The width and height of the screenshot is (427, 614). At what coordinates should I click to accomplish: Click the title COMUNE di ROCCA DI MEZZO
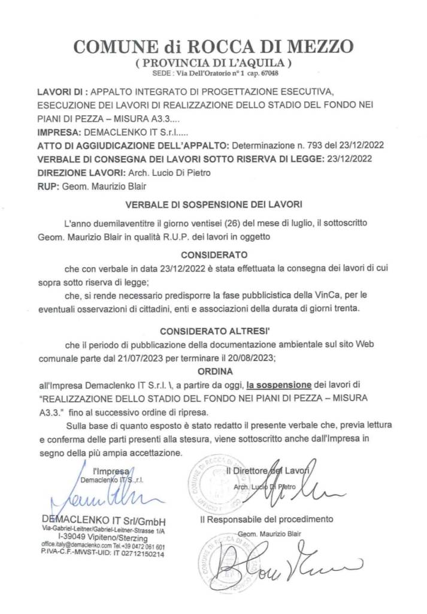[x=213, y=46]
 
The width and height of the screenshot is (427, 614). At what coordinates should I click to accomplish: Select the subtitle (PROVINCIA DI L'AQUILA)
[x=213, y=62]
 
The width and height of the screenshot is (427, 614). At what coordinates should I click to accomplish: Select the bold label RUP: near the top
[x=47, y=187]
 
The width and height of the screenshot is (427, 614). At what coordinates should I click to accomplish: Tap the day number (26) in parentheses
[x=230, y=222]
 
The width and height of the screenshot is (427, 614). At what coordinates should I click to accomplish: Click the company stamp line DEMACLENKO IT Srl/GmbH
[x=104, y=519]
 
